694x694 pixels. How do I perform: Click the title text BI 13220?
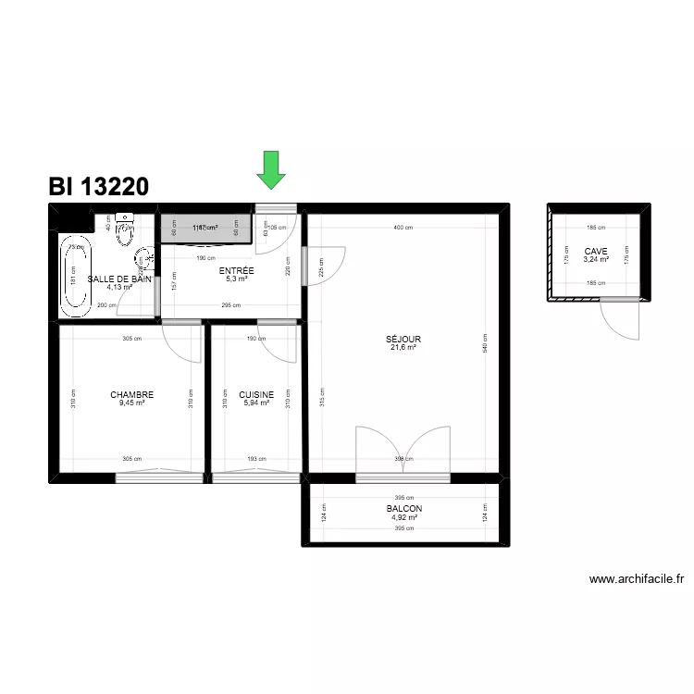point(98,187)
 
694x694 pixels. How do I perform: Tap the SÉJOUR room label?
point(403,339)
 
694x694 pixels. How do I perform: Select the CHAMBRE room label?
point(131,395)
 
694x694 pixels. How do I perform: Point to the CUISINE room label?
point(256,395)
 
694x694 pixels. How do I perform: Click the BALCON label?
point(404,509)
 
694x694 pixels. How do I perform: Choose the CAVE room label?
point(596,251)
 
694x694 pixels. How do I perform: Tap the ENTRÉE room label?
point(236,271)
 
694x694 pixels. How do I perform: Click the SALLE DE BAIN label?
point(119,279)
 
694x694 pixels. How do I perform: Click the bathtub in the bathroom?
point(75,275)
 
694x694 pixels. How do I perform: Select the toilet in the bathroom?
point(125,232)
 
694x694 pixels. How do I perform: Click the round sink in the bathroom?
point(143,257)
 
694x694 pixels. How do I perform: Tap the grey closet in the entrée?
point(206,228)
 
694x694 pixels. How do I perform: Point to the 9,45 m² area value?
point(132,403)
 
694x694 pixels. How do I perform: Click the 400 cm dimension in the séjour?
point(403,228)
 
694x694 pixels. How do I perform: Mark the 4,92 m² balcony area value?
point(404,517)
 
